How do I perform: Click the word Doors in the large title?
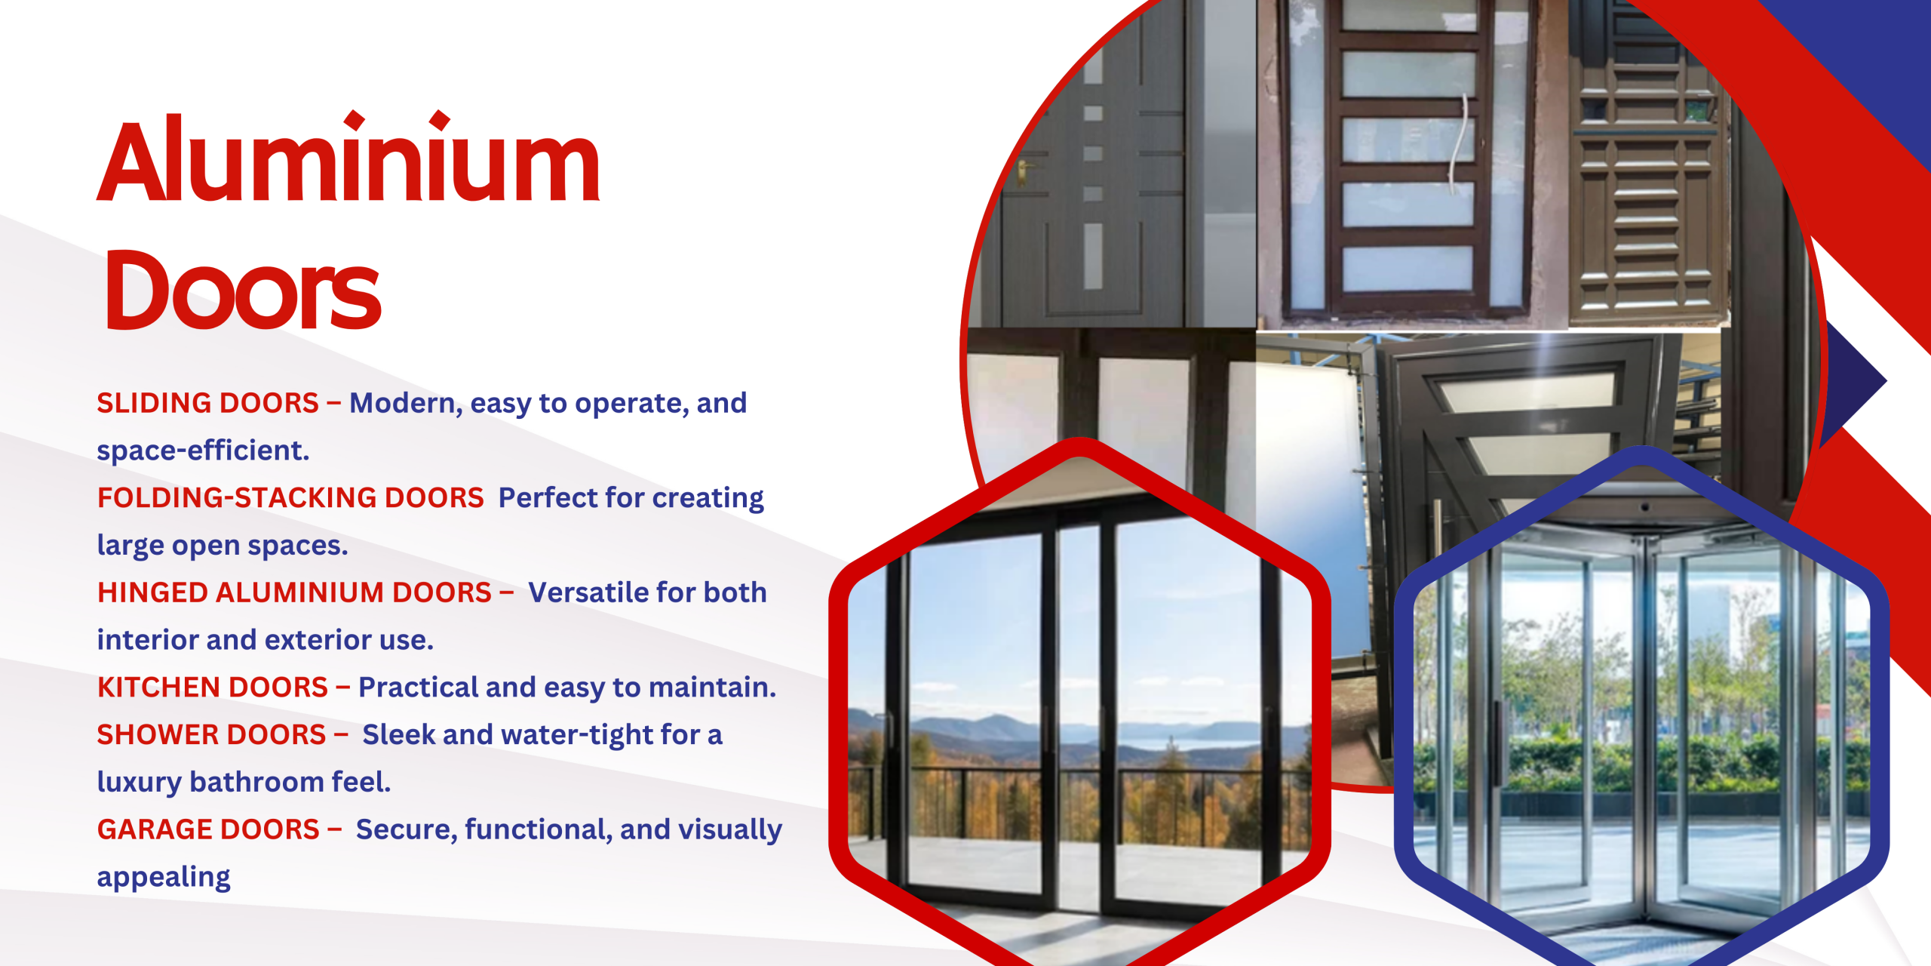(242, 290)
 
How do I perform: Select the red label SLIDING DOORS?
(207, 403)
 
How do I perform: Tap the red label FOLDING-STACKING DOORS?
(290, 498)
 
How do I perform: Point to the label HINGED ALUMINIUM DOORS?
(294, 592)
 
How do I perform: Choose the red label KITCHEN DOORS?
(213, 688)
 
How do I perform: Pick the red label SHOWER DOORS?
(211, 735)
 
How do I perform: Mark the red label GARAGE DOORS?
(208, 829)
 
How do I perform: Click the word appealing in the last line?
(164, 878)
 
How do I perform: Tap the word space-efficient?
(203, 451)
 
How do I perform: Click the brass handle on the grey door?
(1024, 172)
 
